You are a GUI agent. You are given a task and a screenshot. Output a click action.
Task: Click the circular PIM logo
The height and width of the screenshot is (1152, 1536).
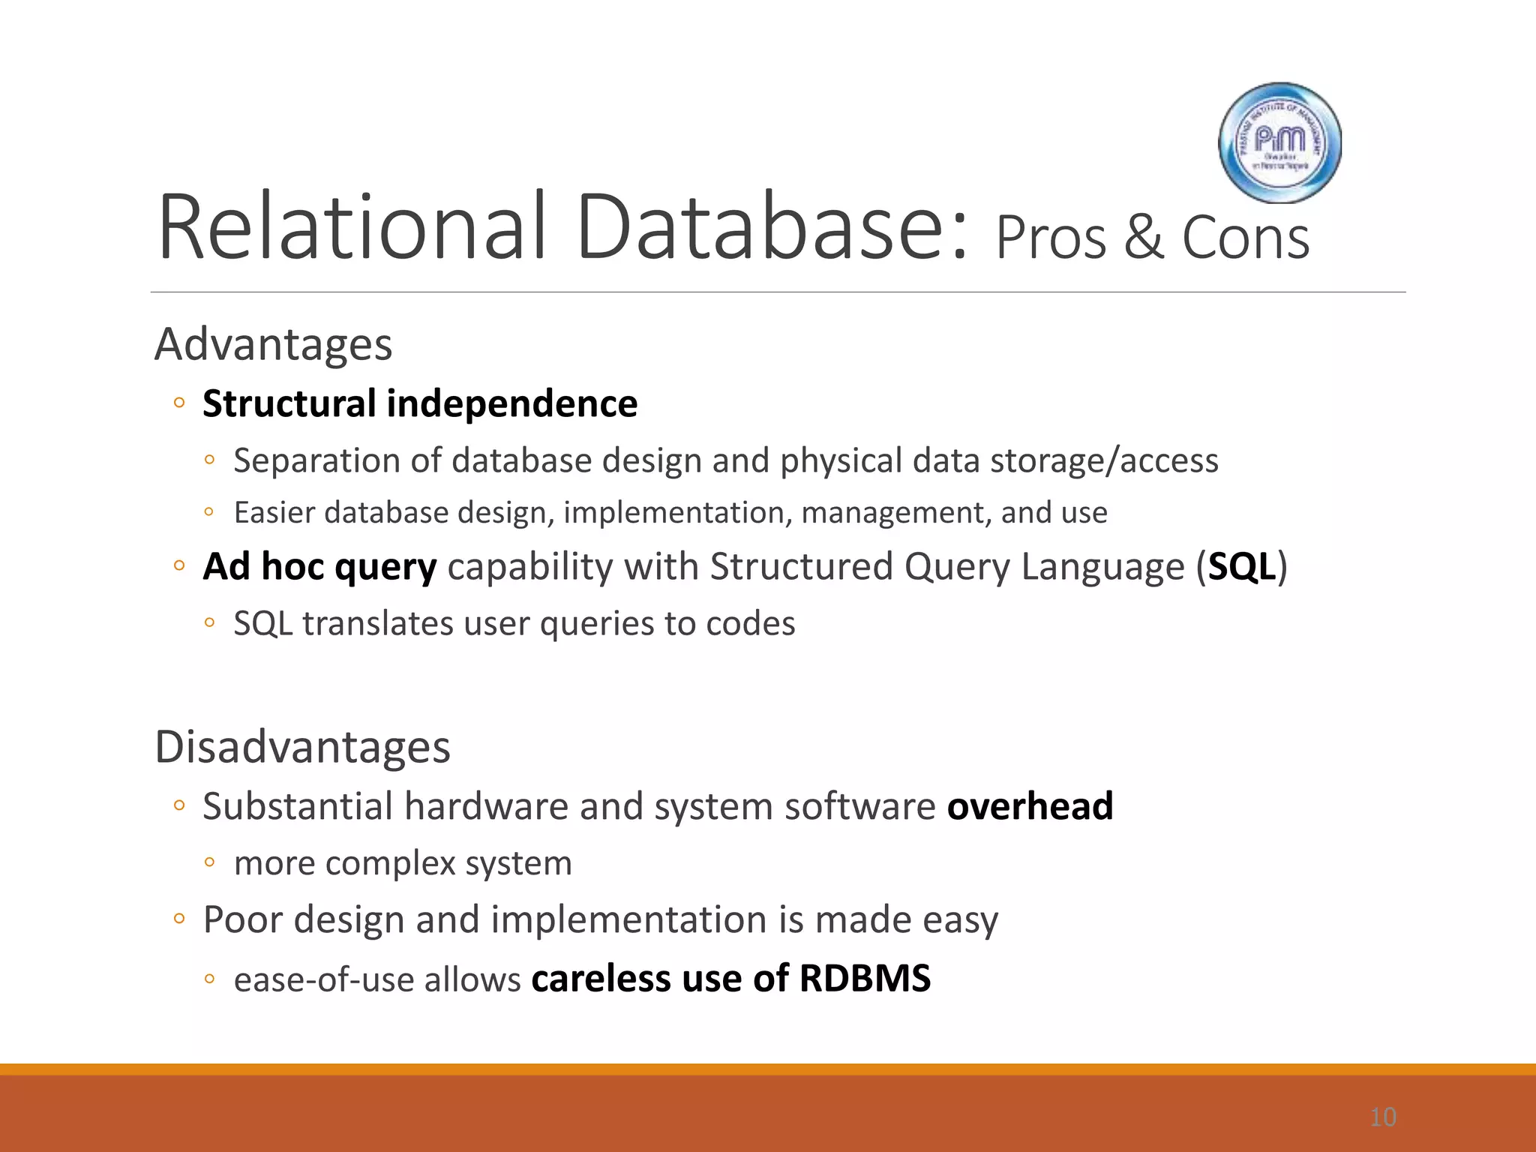pos(1279,142)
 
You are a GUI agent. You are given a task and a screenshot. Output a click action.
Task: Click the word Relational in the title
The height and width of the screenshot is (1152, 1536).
pos(351,227)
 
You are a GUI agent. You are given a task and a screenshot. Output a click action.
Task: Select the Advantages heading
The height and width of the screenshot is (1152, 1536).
pos(273,345)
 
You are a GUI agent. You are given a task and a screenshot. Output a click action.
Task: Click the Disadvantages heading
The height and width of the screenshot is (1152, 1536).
pos(302,748)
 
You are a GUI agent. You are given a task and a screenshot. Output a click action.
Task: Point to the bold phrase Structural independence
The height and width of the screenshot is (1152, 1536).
pos(420,404)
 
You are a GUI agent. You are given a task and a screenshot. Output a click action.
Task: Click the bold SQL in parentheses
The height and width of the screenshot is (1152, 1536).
pos(1241,567)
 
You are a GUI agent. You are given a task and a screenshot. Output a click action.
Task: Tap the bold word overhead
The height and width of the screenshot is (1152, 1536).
pos(1030,807)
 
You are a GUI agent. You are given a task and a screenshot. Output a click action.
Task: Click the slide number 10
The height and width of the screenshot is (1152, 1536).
pos(1382,1117)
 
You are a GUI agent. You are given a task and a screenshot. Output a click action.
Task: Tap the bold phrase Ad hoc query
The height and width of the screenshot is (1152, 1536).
pos(319,567)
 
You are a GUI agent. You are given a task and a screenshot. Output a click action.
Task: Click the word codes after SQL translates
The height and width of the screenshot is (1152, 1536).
pos(750,624)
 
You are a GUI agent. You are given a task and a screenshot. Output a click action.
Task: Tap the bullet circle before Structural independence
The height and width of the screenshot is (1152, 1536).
pos(178,403)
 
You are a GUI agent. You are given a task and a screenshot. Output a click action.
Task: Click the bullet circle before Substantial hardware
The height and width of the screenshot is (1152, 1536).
pos(178,806)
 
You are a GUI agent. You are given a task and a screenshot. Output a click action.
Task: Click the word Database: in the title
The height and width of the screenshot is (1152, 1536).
pos(772,227)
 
